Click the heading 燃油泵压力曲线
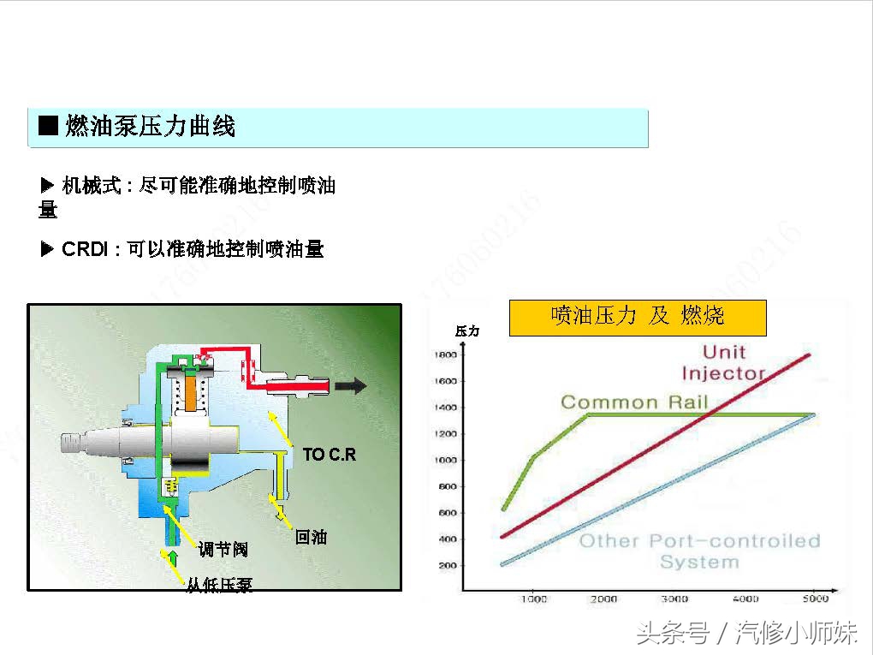[x=150, y=128]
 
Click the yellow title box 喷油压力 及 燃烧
[x=638, y=316]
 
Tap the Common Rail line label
[x=634, y=402]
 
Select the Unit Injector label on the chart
[x=722, y=362]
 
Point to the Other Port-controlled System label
[x=699, y=551]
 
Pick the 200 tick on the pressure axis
[x=446, y=566]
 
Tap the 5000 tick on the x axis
[x=815, y=598]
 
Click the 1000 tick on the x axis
[x=533, y=598]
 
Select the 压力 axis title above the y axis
[x=467, y=330]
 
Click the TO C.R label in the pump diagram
[x=330, y=455]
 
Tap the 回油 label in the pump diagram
[x=311, y=537]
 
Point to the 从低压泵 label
[x=220, y=586]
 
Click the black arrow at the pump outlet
[x=351, y=386]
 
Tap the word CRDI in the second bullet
[x=84, y=250]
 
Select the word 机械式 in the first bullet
[x=92, y=186]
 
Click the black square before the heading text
[x=49, y=127]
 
